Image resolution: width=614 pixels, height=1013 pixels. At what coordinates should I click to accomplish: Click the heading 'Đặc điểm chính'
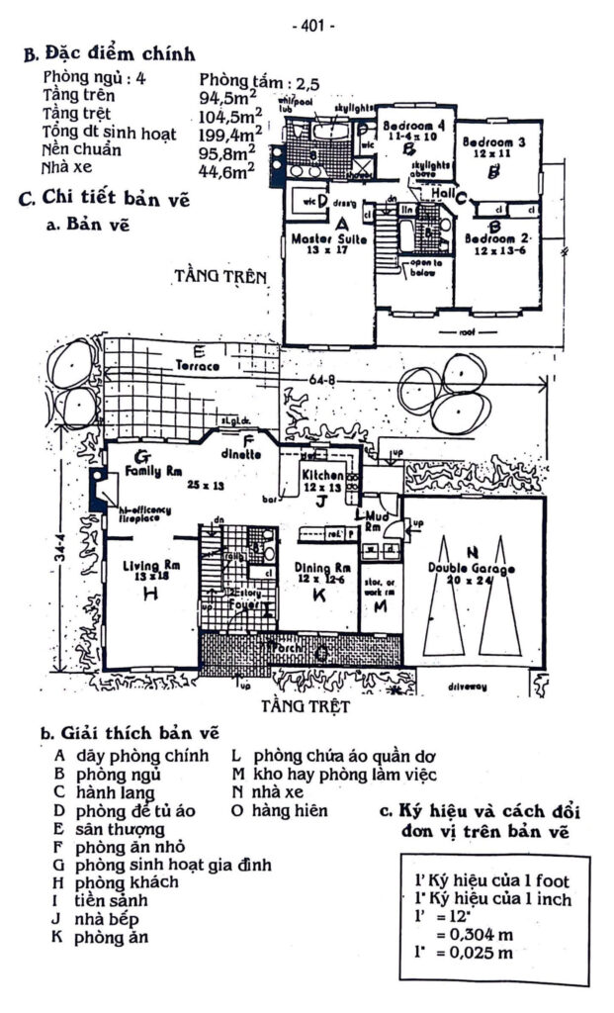(x=116, y=52)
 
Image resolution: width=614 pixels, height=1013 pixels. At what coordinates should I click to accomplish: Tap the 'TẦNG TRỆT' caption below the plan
(x=307, y=707)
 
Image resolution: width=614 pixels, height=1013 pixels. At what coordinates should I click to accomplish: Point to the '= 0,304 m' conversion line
(x=465, y=935)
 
